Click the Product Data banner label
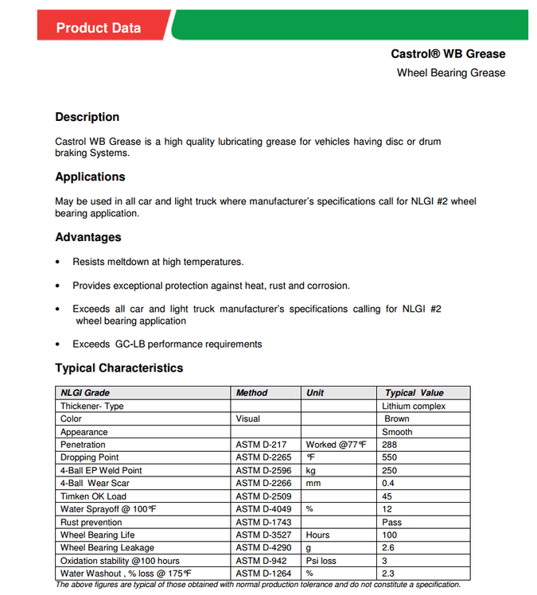click(98, 28)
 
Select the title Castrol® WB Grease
click(448, 54)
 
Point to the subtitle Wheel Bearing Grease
click(451, 72)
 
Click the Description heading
click(87, 117)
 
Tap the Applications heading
click(90, 177)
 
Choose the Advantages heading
click(88, 237)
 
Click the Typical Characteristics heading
click(119, 368)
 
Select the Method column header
click(252, 393)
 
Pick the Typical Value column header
click(414, 393)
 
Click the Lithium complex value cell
click(414, 406)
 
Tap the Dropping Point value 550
click(390, 457)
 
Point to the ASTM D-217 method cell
click(260, 445)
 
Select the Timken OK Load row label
click(93, 496)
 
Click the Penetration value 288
click(390, 445)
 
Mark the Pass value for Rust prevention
click(391, 523)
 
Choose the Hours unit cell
click(317, 535)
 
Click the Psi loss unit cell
click(321, 561)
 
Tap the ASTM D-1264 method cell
click(263, 574)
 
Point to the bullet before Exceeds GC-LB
click(57, 344)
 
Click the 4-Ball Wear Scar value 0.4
click(388, 484)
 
